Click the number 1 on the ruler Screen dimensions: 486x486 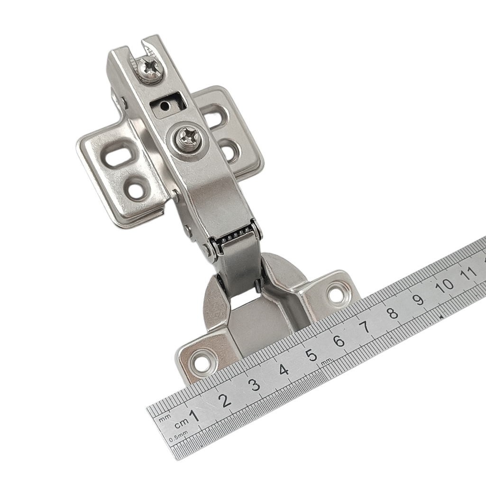pos(195,416)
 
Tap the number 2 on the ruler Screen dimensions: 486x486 pos(225,401)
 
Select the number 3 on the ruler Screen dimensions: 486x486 pos(255,385)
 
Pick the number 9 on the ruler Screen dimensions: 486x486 pos(419,299)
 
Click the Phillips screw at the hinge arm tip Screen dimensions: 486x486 pos(150,68)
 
